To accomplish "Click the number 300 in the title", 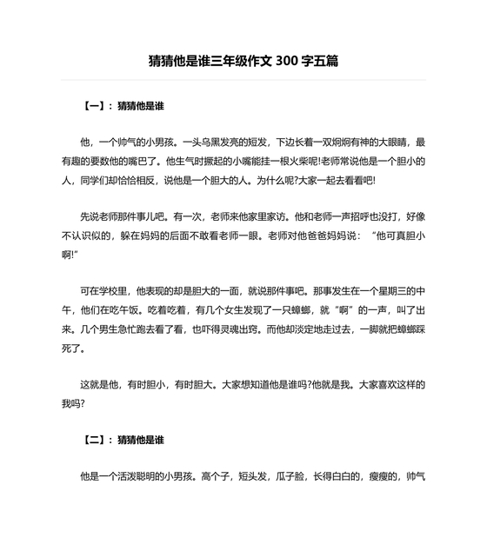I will click(288, 62).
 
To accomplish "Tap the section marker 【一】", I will click(96, 106).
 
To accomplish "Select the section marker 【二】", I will click(96, 440).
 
